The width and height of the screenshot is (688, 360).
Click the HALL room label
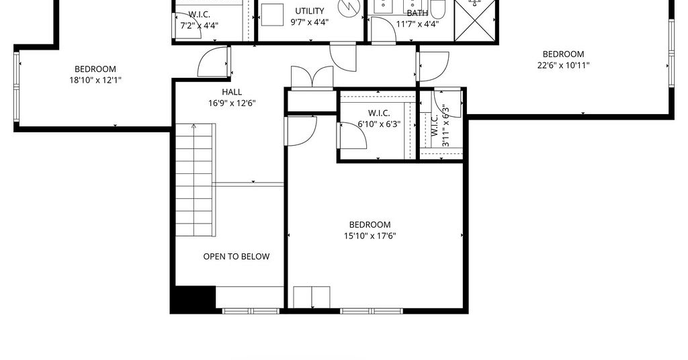[x=232, y=92]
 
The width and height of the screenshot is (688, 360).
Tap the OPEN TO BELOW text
[x=236, y=257]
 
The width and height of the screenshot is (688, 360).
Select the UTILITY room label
[x=309, y=11]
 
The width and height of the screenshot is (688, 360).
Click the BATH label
[x=417, y=13]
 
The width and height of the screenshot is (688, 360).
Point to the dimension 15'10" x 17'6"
[x=370, y=236]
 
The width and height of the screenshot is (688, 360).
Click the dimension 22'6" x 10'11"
[x=564, y=65]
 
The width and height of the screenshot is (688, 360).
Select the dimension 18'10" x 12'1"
[x=95, y=80]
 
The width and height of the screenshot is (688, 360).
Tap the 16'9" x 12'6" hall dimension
[x=232, y=103]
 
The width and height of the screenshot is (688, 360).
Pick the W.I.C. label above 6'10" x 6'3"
[x=379, y=113]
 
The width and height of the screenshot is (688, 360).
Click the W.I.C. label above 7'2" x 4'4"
[x=199, y=15]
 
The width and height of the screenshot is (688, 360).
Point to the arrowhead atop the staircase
[x=193, y=126]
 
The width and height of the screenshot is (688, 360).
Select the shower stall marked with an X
[x=475, y=21]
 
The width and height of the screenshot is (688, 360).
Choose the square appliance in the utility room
[x=272, y=15]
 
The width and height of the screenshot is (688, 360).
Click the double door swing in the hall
[x=312, y=77]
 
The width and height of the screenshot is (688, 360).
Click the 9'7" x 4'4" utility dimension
[x=309, y=22]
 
